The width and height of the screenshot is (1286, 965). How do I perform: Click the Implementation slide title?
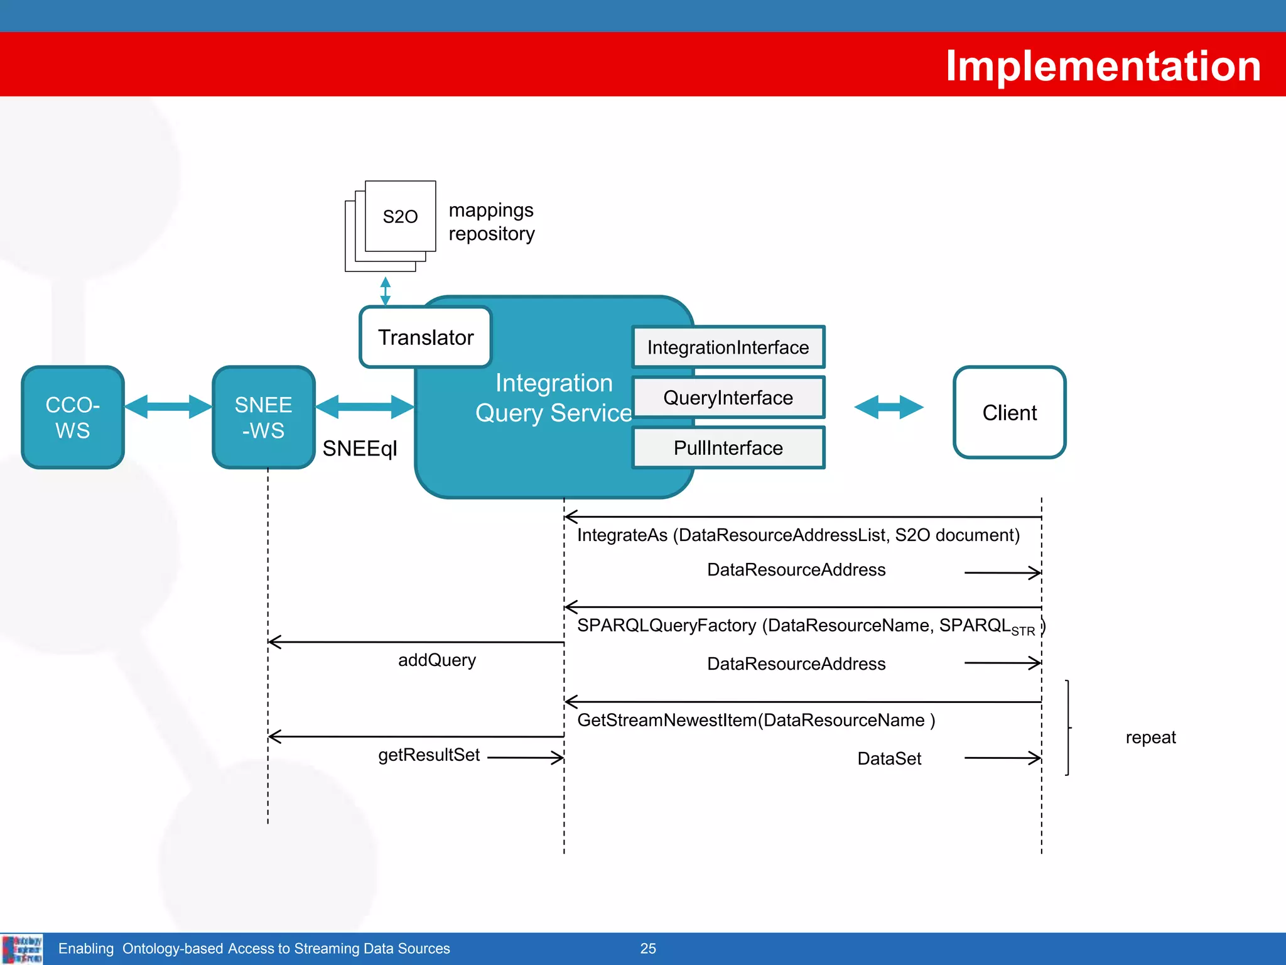[1103, 66]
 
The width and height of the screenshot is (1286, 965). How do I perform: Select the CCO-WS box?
[73, 417]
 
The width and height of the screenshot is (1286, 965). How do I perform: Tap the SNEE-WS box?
[263, 417]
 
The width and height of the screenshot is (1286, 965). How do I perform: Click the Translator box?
[425, 337]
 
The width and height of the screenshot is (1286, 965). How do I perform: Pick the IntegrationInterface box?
[728, 347]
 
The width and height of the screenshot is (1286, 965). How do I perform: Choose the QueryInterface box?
[728, 398]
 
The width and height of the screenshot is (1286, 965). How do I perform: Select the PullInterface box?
[728, 448]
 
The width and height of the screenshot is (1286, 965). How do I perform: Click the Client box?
[1009, 413]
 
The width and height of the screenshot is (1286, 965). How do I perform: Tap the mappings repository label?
[491, 222]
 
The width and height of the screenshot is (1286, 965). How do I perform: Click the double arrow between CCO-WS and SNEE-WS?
[168, 406]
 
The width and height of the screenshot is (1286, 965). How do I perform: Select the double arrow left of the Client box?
[889, 407]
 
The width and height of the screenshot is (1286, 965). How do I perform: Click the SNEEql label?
[360, 449]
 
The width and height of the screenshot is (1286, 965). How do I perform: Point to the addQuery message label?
[437, 660]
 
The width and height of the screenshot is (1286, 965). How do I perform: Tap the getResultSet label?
[429, 755]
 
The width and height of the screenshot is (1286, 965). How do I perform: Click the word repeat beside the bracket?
[1150, 737]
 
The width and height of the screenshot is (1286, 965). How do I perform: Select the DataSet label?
[889, 758]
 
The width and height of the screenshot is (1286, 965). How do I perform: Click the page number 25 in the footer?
[648, 949]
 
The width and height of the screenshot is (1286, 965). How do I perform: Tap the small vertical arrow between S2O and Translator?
[386, 291]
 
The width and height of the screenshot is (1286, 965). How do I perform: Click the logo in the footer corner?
[22, 949]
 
